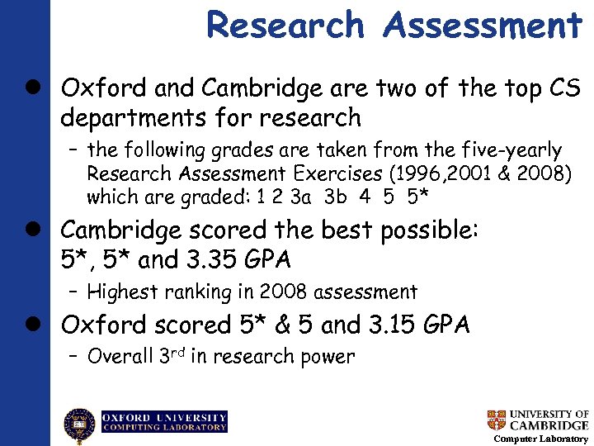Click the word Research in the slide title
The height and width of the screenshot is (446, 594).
tap(285, 25)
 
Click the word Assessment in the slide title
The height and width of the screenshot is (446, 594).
tap(482, 25)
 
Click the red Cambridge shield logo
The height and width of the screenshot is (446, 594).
tap(496, 420)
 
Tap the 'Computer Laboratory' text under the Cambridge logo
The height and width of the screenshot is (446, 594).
tap(540, 439)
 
